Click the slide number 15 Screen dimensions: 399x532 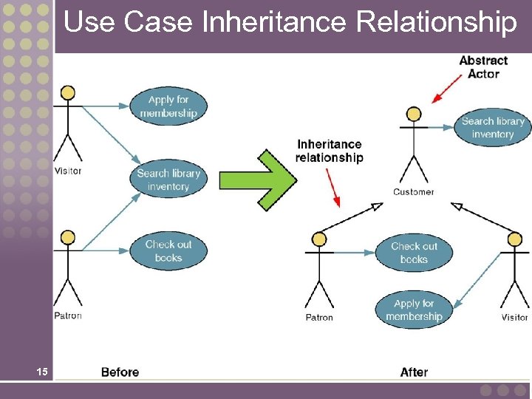pyautogui.click(x=42, y=372)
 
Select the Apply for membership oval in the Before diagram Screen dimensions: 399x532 pyautogui.click(x=168, y=106)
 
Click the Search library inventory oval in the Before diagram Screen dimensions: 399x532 pyautogui.click(x=168, y=180)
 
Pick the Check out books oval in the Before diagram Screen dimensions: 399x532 pyautogui.click(x=168, y=251)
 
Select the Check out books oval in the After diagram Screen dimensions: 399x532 pyautogui.click(x=414, y=253)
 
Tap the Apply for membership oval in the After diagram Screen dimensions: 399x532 pyautogui.click(x=414, y=310)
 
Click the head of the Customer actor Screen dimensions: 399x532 pyautogui.click(x=414, y=114)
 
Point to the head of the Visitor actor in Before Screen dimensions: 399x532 pyautogui.click(x=68, y=92)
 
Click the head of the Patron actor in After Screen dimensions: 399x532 pyautogui.click(x=319, y=239)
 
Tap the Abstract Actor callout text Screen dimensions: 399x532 pyautogui.click(x=483, y=67)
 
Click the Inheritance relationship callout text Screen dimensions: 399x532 pyautogui.click(x=329, y=151)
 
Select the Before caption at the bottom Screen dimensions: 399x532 pyautogui.click(x=120, y=372)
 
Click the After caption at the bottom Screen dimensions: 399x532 pyautogui.click(x=414, y=372)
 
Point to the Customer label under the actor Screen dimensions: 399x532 pyautogui.click(x=413, y=192)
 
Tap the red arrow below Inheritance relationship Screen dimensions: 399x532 pyautogui.click(x=332, y=189)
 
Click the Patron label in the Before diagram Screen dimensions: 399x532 pyautogui.click(x=68, y=316)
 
